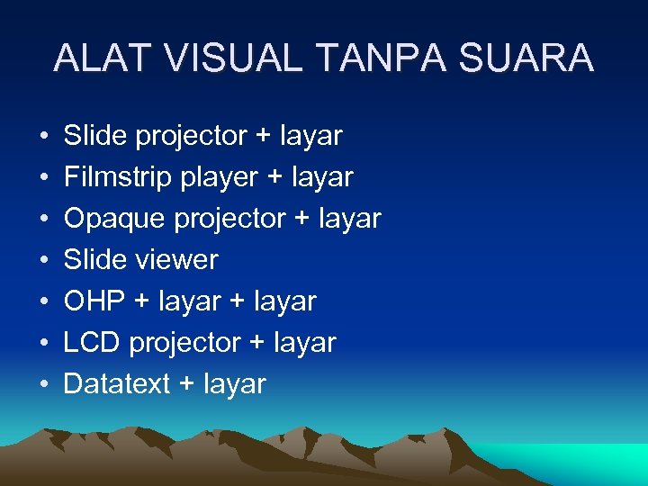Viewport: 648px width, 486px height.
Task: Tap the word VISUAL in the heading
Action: click(x=241, y=58)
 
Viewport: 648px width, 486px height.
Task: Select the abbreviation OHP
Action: click(x=95, y=301)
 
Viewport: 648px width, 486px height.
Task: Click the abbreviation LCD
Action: click(x=93, y=343)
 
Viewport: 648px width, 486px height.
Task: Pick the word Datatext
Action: click(x=117, y=384)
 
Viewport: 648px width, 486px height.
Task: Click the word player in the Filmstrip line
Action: click(x=219, y=177)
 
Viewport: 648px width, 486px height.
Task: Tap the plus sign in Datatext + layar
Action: click(x=186, y=385)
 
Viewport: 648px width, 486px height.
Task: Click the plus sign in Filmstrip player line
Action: click(x=274, y=178)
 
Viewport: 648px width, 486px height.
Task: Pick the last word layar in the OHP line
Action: click(x=284, y=301)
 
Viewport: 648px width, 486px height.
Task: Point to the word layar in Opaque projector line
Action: click(x=349, y=219)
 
